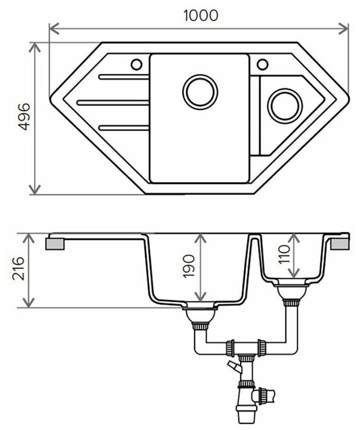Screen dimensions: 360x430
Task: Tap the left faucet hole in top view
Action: [x=137, y=64]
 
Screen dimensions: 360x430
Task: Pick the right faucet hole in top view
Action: [x=262, y=64]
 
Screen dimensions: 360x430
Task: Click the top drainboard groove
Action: [x=123, y=78]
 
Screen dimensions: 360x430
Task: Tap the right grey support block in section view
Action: [x=341, y=244]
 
